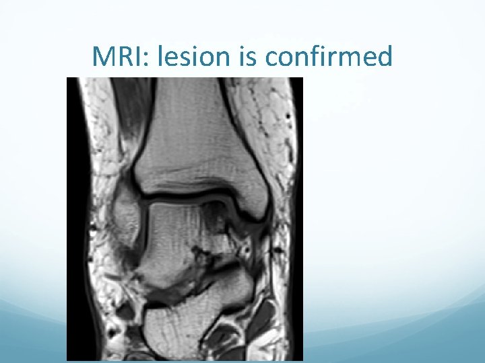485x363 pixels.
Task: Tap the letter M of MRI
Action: pos(104,58)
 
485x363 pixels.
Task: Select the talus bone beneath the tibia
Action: pos(179,235)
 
